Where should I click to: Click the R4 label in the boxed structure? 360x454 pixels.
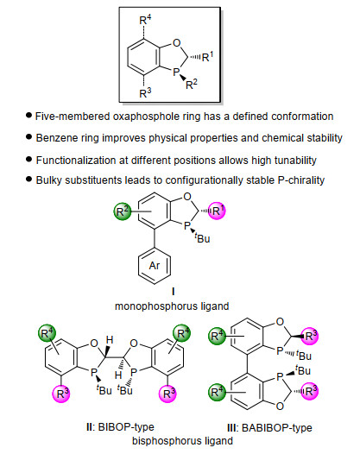145,20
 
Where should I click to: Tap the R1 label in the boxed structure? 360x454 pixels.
207,56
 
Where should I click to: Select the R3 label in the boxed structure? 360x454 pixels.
145,93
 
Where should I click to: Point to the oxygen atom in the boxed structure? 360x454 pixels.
176,43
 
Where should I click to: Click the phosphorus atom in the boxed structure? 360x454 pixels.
176,72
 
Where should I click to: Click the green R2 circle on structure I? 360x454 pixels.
123,211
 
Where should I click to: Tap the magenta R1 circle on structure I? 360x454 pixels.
217,211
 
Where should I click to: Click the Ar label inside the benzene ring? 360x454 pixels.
155,266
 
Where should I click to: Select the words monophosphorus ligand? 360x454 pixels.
172,306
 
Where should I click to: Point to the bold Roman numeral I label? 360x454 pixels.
174,291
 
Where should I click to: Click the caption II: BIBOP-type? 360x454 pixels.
120,427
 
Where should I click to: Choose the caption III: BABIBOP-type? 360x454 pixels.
269,427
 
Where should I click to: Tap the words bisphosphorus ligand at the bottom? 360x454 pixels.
182,441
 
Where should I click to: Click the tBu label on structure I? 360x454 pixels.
202,238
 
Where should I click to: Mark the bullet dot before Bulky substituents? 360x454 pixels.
28,180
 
